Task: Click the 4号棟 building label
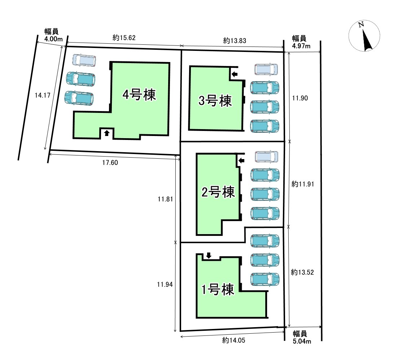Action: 139,95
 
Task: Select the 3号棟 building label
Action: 215,100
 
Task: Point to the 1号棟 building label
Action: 218,290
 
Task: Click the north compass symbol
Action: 364,36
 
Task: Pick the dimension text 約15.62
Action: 124,38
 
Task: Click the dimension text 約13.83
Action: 235,40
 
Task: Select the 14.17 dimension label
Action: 43,95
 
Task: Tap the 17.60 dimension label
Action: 110,163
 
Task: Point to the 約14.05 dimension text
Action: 233,340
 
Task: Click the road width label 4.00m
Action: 53,39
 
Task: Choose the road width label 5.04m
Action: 302,341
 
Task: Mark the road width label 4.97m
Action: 301,46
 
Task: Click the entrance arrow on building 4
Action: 107,133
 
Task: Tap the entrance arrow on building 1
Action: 209,255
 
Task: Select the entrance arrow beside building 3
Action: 234,74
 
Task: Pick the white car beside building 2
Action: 266,157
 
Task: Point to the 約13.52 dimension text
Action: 302,272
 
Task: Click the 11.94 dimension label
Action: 165,284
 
